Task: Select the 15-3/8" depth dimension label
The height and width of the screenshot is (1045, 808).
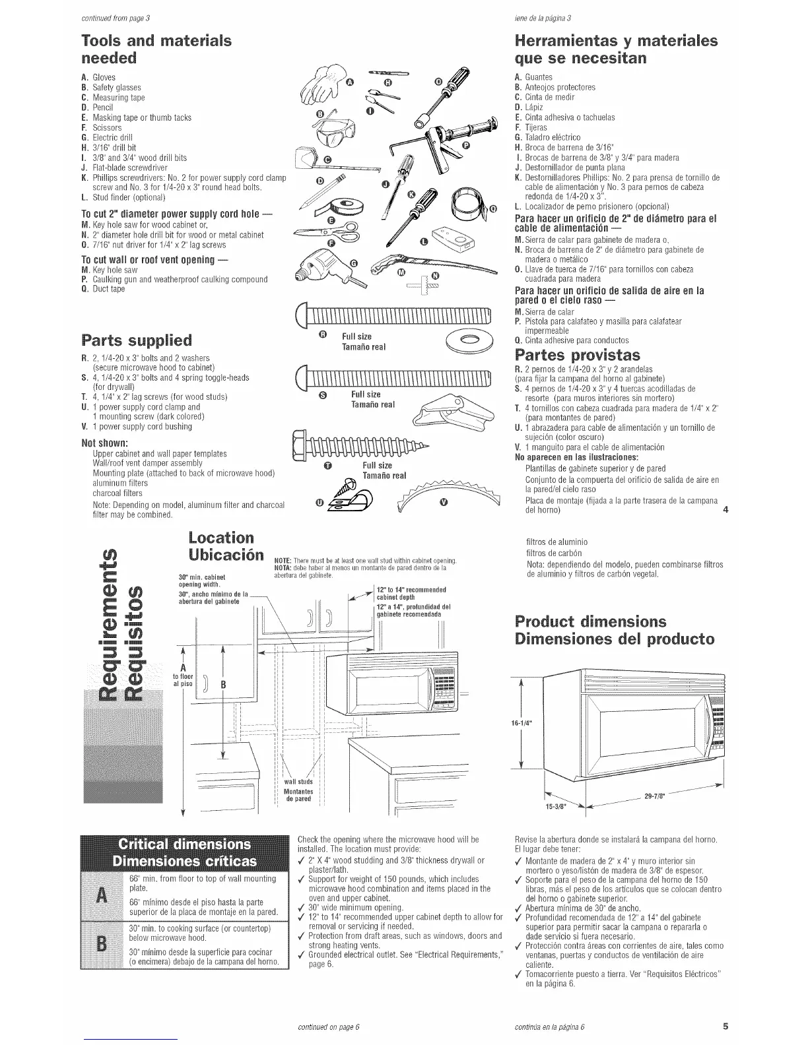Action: coord(553,806)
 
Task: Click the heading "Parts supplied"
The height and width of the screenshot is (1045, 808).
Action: coord(136,340)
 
